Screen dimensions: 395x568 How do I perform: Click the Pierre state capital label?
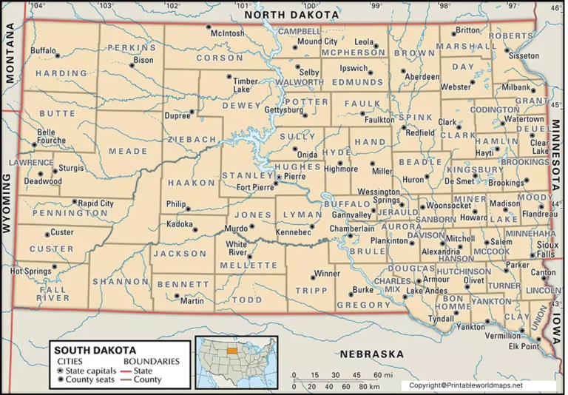point(294,177)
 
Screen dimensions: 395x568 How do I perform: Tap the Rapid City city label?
point(96,203)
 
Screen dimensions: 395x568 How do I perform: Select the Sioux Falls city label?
point(547,249)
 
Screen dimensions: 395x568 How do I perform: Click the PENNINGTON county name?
point(50,213)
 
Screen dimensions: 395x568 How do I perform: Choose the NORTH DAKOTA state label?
point(291,15)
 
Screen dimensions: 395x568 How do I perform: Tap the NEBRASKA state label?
point(371,354)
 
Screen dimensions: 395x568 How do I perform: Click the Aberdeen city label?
point(423,76)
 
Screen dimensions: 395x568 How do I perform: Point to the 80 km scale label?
point(362,386)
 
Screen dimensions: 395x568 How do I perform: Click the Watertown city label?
point(524,118)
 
